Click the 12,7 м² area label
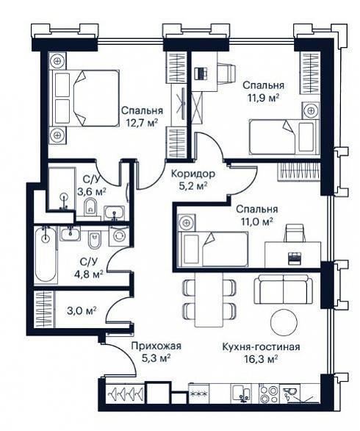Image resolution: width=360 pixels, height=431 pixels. coord(142,122)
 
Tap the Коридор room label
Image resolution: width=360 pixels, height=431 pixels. coord(193,174)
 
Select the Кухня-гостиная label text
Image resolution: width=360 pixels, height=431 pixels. coord(261,347)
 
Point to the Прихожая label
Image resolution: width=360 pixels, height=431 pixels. coord(156,346)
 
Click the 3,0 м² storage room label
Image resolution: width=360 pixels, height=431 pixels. coord(82,310)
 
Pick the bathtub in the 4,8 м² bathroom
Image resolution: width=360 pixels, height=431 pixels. coord(46,255)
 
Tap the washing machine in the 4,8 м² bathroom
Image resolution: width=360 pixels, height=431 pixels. coord(118,236)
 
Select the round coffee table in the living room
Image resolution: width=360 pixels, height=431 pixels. coord(284,322)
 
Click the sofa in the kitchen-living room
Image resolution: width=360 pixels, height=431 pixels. coord(283,289)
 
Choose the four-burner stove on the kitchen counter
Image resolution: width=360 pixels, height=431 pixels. coord(269,393)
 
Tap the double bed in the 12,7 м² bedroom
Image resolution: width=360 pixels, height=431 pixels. coord(84,99)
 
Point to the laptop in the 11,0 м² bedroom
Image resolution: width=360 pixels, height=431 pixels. coord(295,258)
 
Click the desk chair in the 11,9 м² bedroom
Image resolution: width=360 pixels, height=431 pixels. coord(227,72)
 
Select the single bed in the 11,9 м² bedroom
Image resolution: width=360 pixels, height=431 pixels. coord(284,137)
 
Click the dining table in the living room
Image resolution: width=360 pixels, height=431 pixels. coord(209,299)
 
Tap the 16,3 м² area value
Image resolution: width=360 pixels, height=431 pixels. coord(261,359)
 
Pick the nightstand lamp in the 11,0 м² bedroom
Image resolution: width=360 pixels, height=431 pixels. coord(187,222)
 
